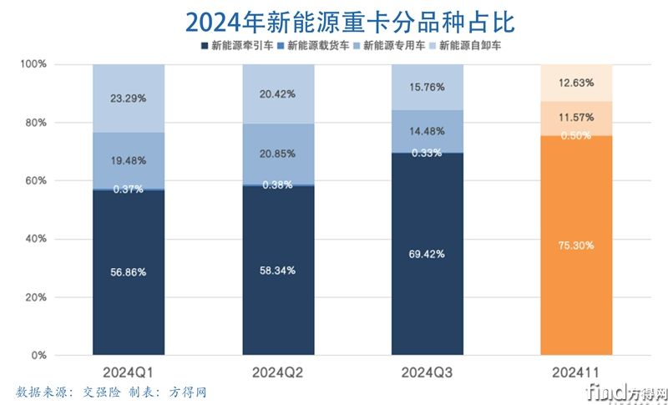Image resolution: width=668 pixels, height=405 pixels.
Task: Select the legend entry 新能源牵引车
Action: (x=239, y=44)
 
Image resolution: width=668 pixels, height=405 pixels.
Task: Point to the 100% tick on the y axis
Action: (x=34, y=64)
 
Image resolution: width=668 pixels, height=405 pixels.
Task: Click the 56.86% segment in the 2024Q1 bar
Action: (x=129, y=272)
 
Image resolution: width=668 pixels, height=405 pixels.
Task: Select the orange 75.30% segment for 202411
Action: (x=576, y=246)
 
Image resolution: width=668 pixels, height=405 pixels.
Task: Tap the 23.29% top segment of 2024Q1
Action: (x=129, y=98)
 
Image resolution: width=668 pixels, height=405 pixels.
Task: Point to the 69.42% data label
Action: (x=428, y=253)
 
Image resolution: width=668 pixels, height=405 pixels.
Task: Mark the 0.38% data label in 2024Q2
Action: (x=278, y=185)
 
